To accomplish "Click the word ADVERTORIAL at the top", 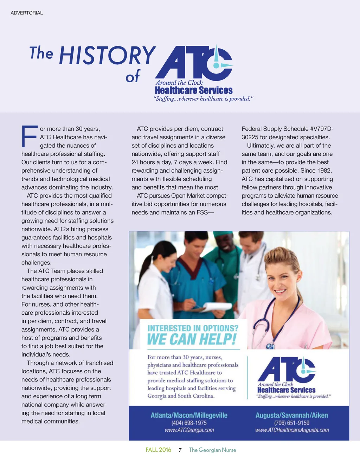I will click(27, 13).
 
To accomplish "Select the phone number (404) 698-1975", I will click(189, 423).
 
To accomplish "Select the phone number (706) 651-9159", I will click(292, 423).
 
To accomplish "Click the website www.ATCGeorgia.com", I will click(189, 430).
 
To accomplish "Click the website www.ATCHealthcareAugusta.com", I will click(292, 430).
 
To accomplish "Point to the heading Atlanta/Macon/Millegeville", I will click(189, 415).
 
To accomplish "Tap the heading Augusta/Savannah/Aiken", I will click(292, 415).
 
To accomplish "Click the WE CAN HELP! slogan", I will click(192, 339).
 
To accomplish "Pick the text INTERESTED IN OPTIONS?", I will click(193, 328).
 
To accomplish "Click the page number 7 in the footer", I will click(180, 450).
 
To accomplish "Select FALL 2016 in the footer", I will click(158, 450).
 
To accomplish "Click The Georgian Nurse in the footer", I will click(212, 450).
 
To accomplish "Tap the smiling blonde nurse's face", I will click(281, 278).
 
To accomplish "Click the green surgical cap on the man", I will click(223, 234).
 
